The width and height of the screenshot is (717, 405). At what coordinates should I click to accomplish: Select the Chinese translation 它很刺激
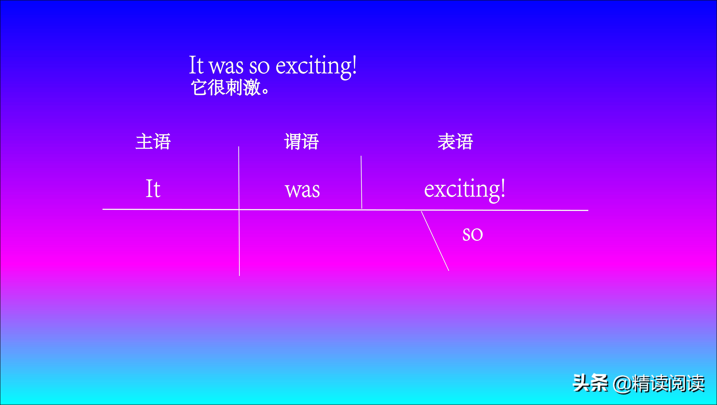click(226, 88)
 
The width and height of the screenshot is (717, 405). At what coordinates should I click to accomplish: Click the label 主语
click(153, 142)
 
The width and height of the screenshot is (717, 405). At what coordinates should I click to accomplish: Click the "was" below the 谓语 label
click(303, 191)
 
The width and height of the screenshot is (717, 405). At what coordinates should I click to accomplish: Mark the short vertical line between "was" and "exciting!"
click(361, 182)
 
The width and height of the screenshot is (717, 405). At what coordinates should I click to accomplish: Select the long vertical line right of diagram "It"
click(239, 211)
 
